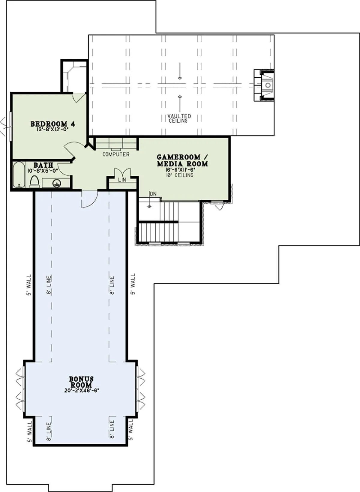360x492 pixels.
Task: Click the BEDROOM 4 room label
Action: [52, 124]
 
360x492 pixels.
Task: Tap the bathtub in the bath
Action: [19, 175]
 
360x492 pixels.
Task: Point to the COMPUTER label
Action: [116, 154]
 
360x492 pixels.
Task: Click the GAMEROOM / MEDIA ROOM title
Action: [182, 161]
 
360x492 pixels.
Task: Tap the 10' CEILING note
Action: [180, 175]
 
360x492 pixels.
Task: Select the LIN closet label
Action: [122, 180]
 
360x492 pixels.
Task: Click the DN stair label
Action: [153, 194]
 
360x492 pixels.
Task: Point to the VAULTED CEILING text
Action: [179, 118]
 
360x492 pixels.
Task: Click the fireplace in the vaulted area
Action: [264, 85]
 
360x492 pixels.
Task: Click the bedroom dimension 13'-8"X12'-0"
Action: [53, 130]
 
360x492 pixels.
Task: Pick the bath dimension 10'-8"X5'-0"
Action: [43, 170]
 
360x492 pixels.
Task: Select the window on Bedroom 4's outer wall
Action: [10, 126]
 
